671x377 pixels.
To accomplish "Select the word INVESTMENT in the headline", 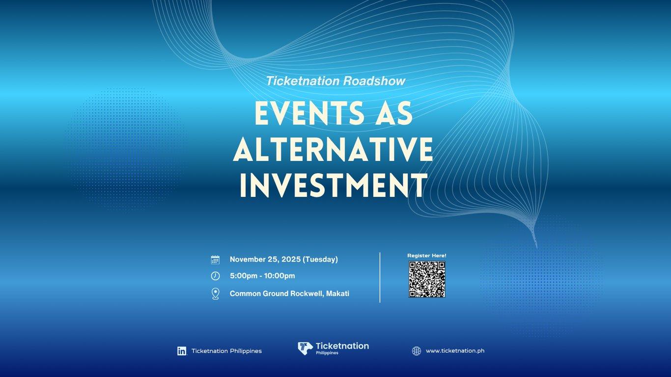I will (333, 185).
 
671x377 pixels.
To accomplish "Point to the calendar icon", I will (215, 260).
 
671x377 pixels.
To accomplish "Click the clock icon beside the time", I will (215, 276).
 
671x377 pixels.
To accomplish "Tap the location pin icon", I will (215, 294).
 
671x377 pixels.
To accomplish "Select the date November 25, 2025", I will (265, 260).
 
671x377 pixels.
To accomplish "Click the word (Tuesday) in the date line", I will (320, 260).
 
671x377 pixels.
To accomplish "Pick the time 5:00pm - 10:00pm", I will (262, 276).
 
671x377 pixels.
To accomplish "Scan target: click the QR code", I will (427, 279).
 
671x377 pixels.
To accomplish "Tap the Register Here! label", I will (427, 256).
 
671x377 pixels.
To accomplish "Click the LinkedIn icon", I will (182, 351).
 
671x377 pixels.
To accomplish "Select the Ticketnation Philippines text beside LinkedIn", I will (226, 351).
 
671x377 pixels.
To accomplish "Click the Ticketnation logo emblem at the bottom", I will (305, 348).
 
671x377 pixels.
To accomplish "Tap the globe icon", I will (417, 351).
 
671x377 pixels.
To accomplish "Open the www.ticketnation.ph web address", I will (455, 351).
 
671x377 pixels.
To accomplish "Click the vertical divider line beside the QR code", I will (380, 277).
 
